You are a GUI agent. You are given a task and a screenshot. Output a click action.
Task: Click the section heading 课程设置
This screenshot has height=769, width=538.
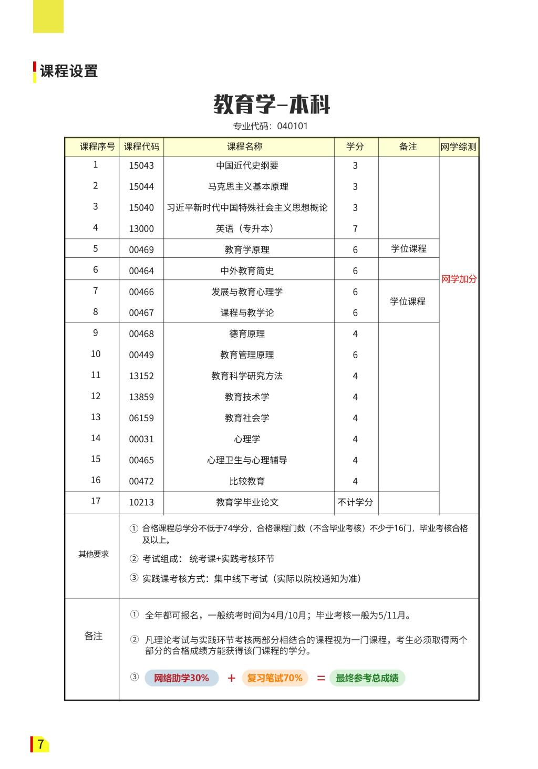point(69,71)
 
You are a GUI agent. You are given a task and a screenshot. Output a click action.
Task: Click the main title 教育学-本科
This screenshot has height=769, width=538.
point(272,105)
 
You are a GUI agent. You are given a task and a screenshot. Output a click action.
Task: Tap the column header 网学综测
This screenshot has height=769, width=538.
point(459,147)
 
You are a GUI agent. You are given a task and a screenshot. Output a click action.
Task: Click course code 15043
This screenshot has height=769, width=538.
point(141,165)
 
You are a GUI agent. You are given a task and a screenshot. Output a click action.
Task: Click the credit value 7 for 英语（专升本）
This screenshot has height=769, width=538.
point(355,228)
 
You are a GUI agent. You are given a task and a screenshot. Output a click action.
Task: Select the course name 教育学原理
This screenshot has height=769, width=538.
point(247,250)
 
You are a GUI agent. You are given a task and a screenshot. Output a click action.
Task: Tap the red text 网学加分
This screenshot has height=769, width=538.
point(459,279)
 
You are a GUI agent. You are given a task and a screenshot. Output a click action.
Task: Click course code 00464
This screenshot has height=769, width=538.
point(141,271)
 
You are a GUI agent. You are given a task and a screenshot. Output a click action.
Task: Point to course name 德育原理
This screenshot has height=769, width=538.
point(247,334)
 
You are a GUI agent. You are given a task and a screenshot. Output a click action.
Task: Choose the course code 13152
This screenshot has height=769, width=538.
point(141,376)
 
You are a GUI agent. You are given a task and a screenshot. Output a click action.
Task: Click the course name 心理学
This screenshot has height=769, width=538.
point(247,439)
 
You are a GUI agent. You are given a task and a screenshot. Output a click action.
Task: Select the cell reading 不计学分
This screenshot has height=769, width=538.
point(355,502)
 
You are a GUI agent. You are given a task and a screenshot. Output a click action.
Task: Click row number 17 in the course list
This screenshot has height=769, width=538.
point(96,501)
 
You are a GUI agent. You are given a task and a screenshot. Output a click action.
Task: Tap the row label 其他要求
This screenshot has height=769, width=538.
point(94,554)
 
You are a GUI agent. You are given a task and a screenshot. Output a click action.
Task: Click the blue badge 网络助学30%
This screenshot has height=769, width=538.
point(181,678)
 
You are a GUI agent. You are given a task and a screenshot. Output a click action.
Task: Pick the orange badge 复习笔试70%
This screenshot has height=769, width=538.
point(275,678)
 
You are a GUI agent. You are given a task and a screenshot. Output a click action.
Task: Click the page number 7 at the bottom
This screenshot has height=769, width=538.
point(40,744)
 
